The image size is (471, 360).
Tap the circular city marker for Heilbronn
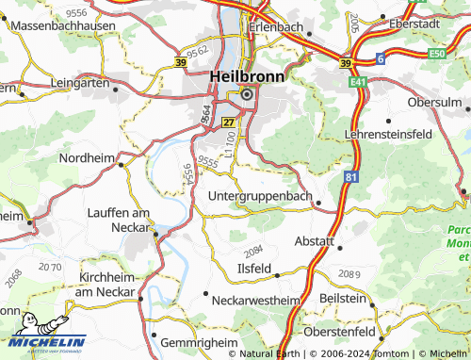247,94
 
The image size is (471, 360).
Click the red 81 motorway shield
351,175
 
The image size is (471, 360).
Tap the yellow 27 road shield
227,123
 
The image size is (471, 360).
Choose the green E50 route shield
435,55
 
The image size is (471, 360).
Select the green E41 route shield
359,83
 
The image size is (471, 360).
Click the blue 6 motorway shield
381,58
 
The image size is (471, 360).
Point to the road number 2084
252,252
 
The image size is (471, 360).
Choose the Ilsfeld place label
253,267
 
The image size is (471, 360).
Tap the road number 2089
348,273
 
